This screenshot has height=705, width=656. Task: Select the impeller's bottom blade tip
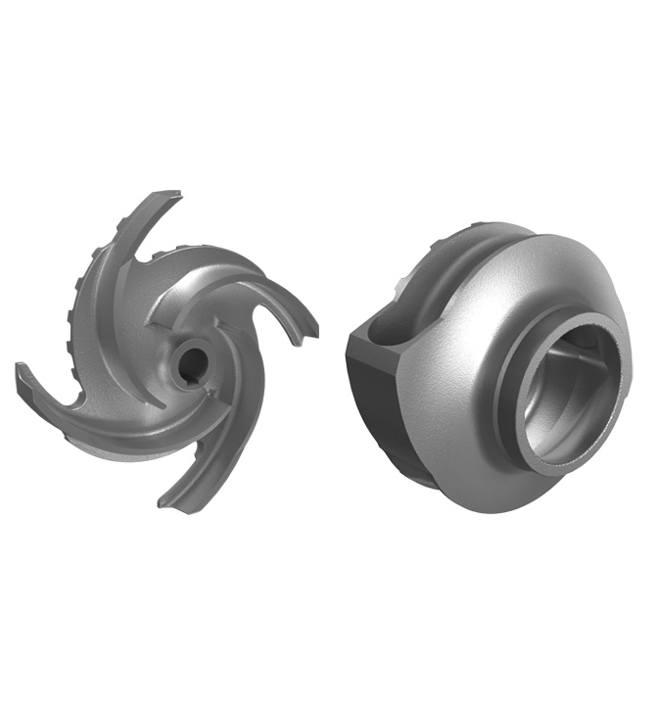coord(167,501)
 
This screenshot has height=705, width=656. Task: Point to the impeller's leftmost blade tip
coord(22,372)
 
